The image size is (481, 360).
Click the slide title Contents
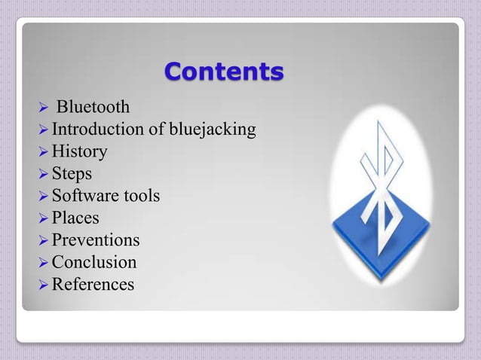coord(224,72)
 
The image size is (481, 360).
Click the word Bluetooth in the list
coord(93,108)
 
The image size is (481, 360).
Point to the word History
coord(79,152)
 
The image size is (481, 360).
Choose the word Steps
coord(72,175)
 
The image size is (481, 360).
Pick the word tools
coord(140,197)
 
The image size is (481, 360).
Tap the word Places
coord(75,218)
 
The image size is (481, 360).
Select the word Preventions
coord(96,240)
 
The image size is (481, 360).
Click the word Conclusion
coord(94,262)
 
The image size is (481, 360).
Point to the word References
coord(93,285)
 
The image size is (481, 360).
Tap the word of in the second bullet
coord(157,130)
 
